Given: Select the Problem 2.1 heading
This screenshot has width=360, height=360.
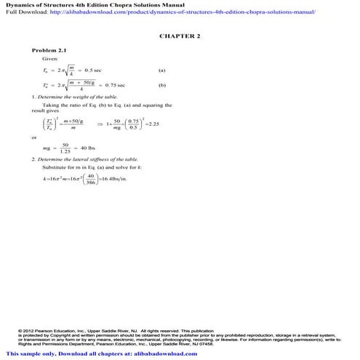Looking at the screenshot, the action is pos(49,50).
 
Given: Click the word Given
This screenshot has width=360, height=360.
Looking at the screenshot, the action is pos(50,57).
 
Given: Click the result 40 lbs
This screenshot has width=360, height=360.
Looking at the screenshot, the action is pos(91,148).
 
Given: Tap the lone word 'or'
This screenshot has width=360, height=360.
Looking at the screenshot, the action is pos(34,137).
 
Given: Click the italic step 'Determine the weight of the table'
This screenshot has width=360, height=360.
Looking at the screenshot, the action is pos(79,97).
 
